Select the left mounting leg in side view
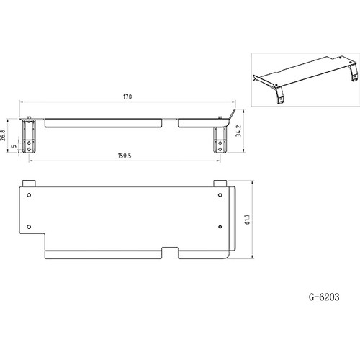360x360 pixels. pos(29,137)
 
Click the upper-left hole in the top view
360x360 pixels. pos(29,194)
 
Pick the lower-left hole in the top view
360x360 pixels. pos(29,225)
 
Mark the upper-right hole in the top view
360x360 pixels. pos(219,194)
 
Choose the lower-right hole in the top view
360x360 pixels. pos(219,225)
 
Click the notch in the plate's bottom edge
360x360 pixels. pos(170,252)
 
